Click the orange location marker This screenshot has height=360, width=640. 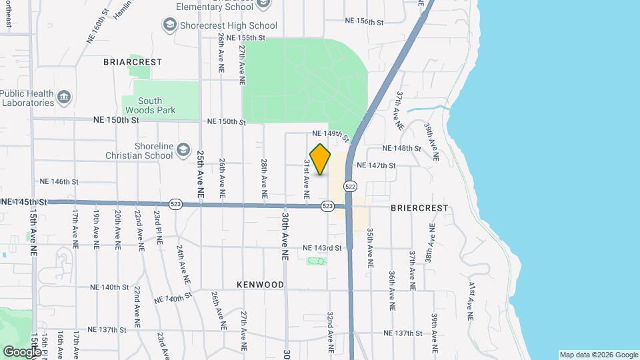point(320,159)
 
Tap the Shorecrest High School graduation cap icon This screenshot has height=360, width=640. point(170,25)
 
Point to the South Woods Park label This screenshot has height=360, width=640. point(150,105)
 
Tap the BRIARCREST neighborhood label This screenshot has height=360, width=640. point(133,62)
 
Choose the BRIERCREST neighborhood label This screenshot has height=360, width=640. point(419,208)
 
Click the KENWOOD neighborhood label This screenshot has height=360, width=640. point(260,285)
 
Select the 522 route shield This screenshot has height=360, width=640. point(351,186)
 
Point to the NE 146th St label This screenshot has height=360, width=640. point(59,181)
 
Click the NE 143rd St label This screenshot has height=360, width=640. point(322,248)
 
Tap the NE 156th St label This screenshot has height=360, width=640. point(365,22)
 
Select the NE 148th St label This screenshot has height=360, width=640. point(402,148)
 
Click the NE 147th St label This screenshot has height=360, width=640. point(377,165)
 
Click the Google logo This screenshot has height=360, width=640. point(22,351)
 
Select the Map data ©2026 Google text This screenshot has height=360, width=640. point(598,355)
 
